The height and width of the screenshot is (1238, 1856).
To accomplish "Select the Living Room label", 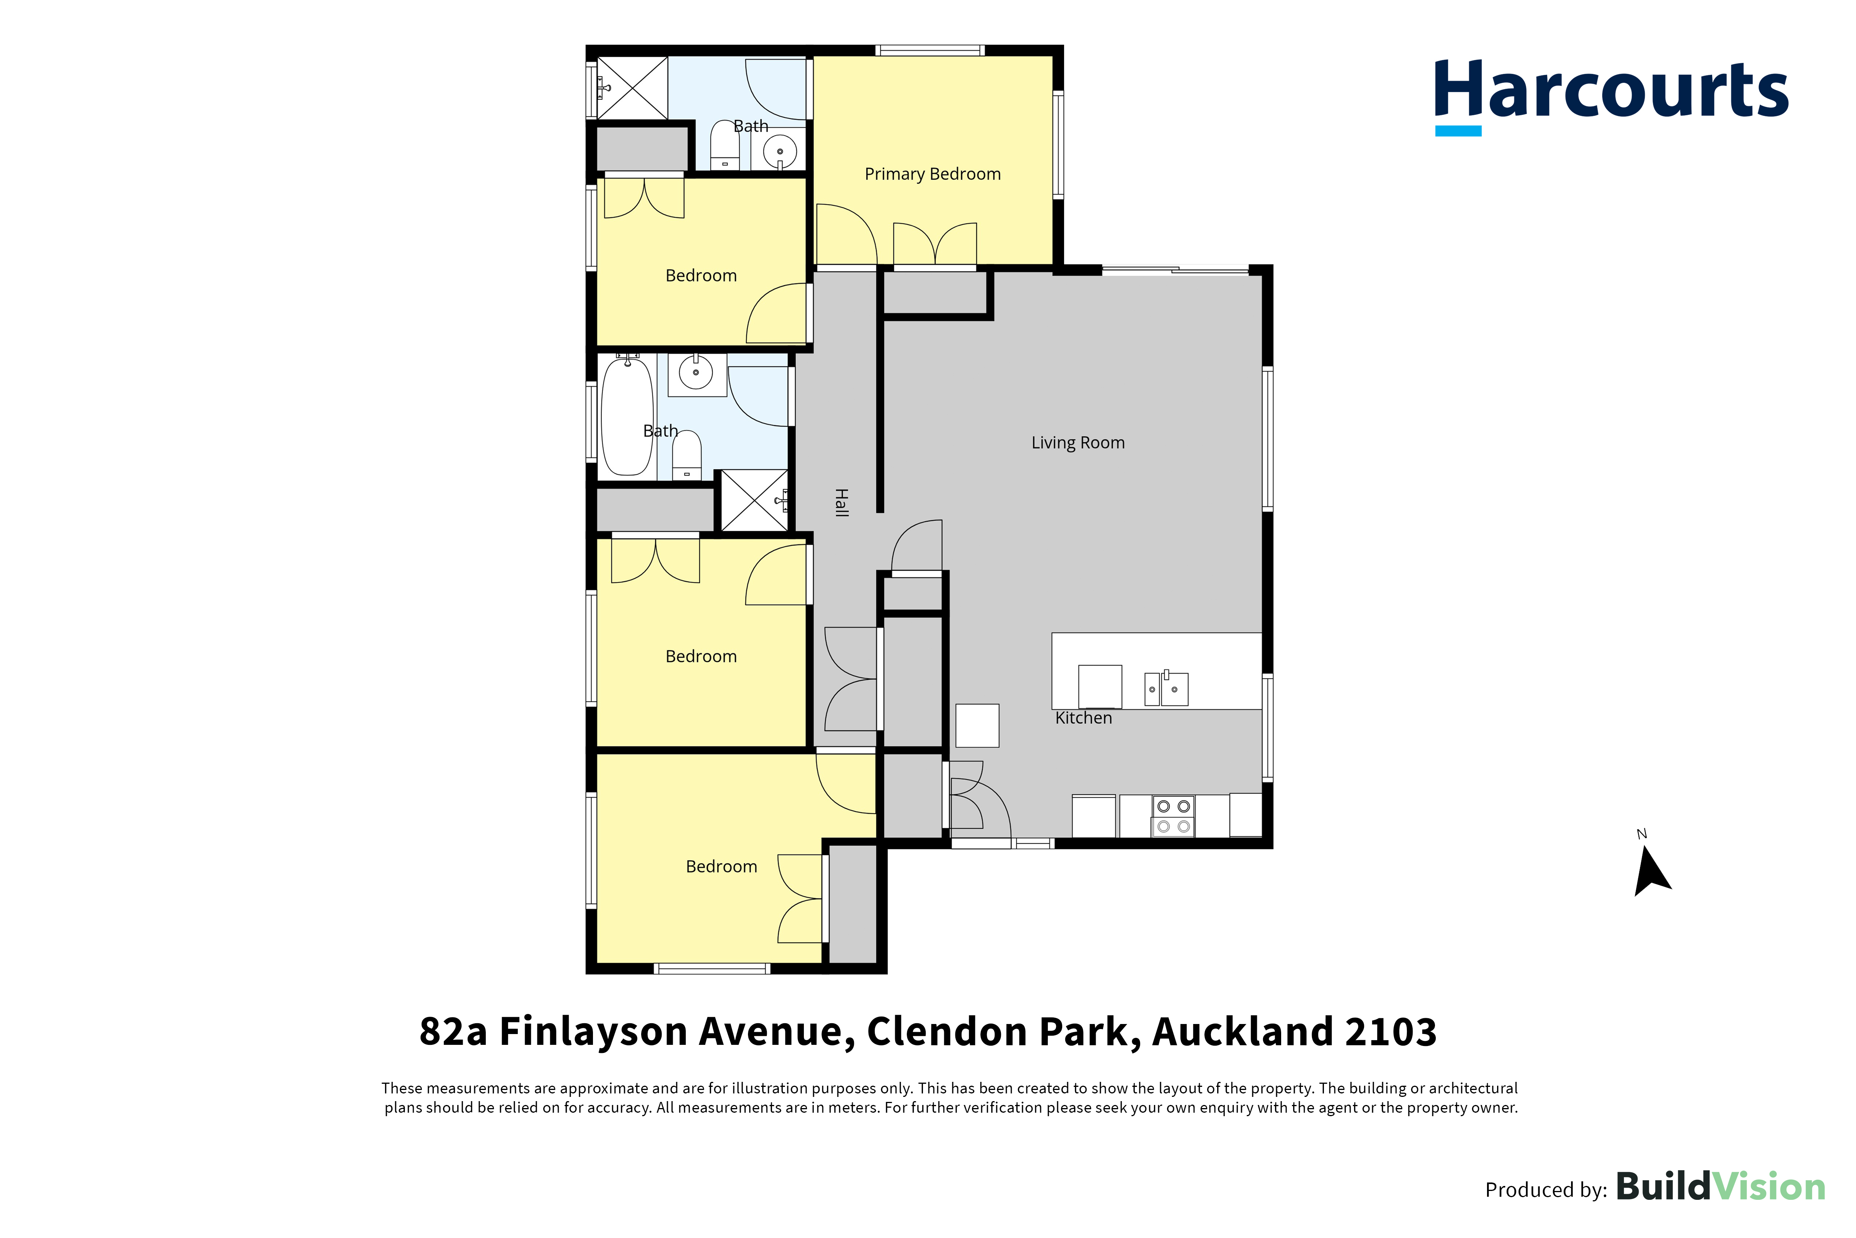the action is point(1078,443).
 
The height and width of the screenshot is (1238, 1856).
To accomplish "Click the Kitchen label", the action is point(1083,718).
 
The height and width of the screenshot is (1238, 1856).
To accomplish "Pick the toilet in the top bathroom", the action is point(725,145).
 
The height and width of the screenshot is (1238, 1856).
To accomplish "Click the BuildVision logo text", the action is point(1721,1187).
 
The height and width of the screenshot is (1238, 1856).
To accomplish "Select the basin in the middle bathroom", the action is point(696,374).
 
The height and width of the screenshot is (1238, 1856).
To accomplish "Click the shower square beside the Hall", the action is point(755,500).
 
